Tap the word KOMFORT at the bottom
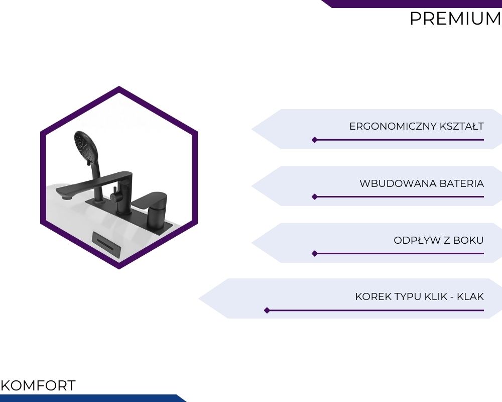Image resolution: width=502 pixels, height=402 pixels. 38,385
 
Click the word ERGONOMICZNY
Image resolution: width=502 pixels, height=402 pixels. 393,126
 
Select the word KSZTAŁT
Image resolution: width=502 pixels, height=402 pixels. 461,126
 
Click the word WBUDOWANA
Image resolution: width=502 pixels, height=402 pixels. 398,183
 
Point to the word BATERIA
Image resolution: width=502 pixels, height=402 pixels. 462,183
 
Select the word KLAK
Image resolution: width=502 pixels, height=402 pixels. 470,296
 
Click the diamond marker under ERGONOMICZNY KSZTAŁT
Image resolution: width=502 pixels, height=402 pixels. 315,140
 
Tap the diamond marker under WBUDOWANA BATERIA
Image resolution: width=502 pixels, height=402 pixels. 315,196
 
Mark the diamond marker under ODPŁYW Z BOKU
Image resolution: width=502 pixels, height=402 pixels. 315,254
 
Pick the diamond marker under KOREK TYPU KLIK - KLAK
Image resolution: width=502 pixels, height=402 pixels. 267,311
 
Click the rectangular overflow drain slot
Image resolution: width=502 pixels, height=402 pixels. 106,243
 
